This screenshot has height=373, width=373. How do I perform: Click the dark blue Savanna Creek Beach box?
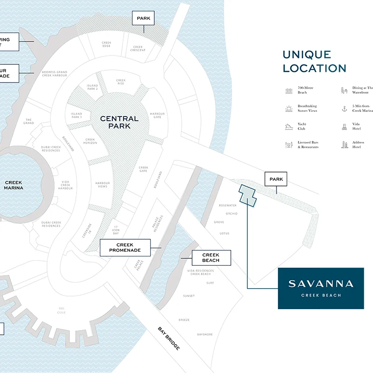click(x=321, y=288)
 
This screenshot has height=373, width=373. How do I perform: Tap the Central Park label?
click(x=119, y=122)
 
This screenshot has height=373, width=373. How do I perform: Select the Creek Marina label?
click(x=14, y=185)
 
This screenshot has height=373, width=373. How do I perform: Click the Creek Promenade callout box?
click(x=125, y=248)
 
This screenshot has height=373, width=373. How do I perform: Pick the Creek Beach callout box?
click(x=211, y=257)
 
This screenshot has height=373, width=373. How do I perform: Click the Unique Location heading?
click(x=314, y=62)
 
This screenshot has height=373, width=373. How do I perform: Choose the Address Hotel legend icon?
click(x=345, y=145)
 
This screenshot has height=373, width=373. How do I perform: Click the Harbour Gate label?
click(x=158, y=115)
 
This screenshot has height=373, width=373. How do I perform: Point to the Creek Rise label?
click(x=121, y=82)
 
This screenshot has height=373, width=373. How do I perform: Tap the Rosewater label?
click(x=228, y=205)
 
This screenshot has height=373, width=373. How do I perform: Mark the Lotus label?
click(x=225, y=233)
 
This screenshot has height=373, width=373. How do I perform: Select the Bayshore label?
click(x=205, y=334)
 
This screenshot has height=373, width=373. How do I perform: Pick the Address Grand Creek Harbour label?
click(x=55, y=74)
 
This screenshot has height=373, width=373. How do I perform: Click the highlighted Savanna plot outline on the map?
click(x=248, y=195)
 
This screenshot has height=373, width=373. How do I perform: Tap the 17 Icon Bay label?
click(x=116, y=229)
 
